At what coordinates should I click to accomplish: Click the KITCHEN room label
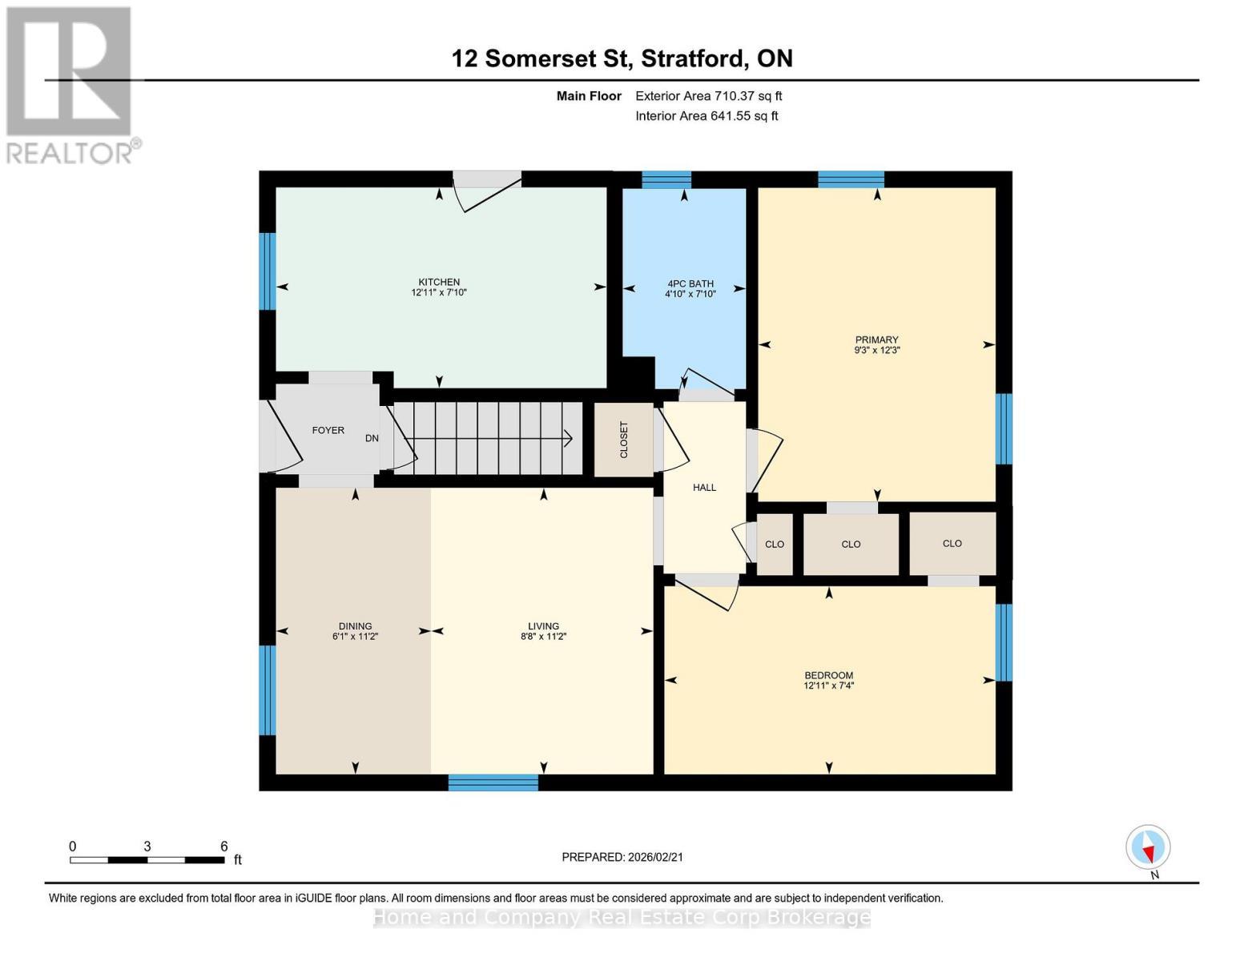click(439, 282)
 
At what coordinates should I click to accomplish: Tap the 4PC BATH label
click(690, 283)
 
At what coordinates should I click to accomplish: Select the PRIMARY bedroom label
click(876, 340)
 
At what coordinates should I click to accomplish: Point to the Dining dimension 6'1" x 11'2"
click(355, 637)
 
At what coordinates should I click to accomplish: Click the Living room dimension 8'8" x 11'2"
click(543, 637)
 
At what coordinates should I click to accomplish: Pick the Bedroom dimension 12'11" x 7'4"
click(828, 686)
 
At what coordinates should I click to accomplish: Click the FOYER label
click(328, 430)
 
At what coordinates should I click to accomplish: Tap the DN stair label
click(372, 438)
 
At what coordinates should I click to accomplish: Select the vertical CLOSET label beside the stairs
click(624, 440)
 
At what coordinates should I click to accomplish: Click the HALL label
click(704, 487)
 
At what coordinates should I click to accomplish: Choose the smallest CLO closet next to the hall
click(774, 545)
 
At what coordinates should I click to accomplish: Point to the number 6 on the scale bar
click(224, 846)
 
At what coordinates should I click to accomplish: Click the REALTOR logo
click(70, 84)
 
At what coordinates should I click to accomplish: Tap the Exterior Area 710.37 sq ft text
click(708, 96)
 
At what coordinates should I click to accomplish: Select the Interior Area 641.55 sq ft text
click(707, 116)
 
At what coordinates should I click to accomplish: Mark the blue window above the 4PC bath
click(666, 179)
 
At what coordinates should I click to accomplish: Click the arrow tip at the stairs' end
click(570, 438)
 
